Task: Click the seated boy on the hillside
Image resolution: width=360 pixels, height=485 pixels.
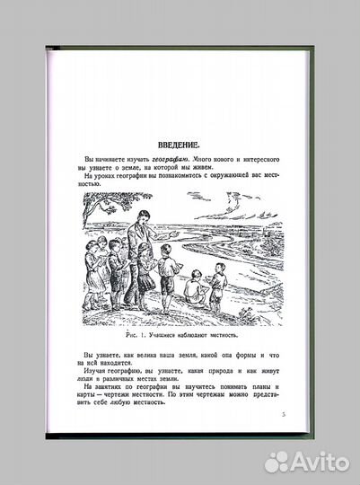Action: point(191,287)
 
